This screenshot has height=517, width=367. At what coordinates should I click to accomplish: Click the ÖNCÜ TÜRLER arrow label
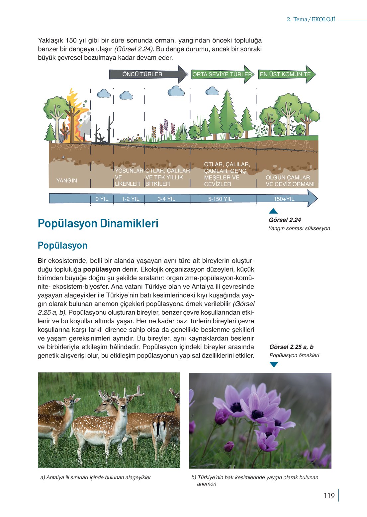[x=142, y=74]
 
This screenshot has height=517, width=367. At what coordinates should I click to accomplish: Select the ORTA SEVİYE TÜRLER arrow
[x=222, y=74]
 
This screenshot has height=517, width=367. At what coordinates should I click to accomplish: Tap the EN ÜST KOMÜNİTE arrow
[x=285, y=74]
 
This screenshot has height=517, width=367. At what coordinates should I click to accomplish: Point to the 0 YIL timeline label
[x=102, y=199]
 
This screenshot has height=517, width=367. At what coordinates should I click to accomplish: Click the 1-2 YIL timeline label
[x=130, y=199]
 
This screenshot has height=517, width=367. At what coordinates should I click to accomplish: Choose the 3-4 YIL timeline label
[x=166, y=199]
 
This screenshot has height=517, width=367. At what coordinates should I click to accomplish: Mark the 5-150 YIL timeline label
[x=220, y=199]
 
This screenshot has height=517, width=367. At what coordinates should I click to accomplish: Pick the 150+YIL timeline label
[x=284, y=199]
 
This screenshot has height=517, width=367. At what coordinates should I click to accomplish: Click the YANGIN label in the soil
[x=67, y=181]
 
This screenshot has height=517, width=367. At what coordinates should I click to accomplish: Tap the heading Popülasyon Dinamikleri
[x=98, y=223]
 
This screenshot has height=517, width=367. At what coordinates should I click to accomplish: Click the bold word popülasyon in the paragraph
[x=102, y=269]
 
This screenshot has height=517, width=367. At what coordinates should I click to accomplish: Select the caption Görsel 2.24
[x=285, y=220]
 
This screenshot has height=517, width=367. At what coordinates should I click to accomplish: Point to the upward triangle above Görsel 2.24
[x=273, y=211]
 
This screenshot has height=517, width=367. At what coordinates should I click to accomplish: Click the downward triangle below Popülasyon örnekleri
[x=274, y=364]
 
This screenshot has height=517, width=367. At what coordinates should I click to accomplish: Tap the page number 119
[x=329, y=496]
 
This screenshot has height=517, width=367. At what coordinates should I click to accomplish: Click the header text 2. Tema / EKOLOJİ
[x=311, y=19]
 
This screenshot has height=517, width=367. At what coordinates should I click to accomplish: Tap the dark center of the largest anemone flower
[x=257, y=414]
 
